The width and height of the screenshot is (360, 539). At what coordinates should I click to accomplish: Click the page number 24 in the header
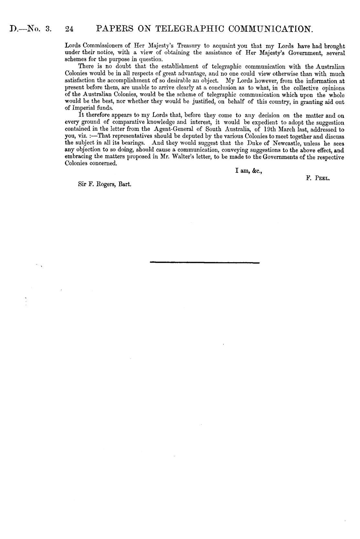(x=69, y=30)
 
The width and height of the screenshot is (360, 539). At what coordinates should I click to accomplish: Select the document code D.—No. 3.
(x=30, y=30)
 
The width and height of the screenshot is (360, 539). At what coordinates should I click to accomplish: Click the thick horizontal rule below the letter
(x=205, y=262)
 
